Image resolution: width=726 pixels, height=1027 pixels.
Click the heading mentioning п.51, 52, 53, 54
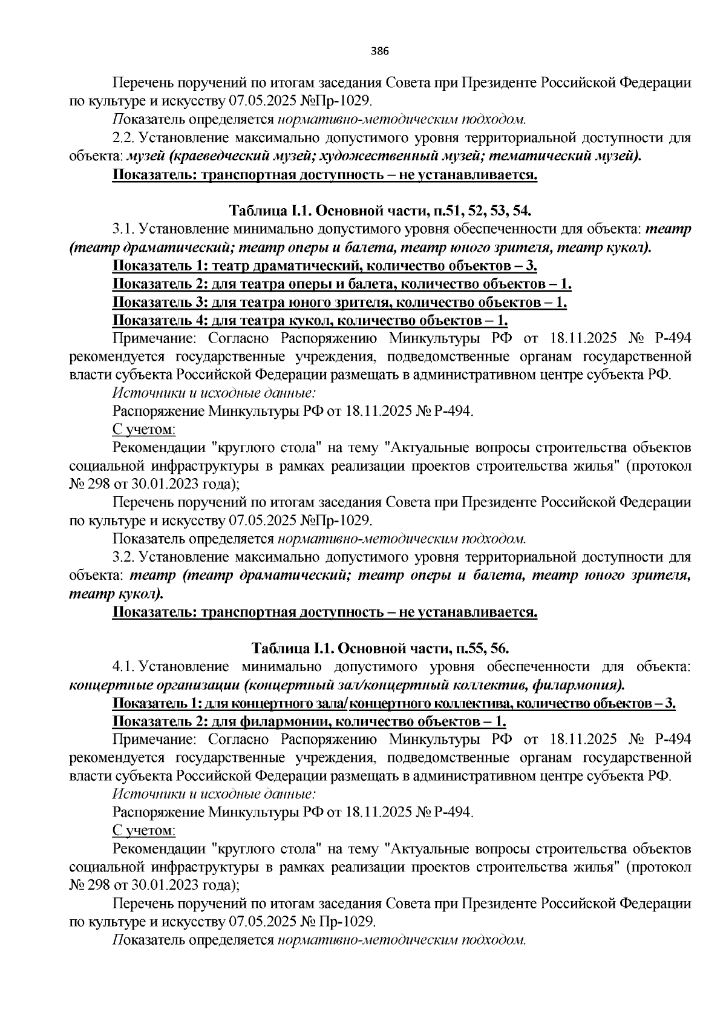(380, 211)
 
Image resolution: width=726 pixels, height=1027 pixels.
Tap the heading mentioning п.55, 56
(380, 648)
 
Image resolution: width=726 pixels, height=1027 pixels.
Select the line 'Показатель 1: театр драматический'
(325, 266)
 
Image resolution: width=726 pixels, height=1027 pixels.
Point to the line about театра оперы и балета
(342, 284)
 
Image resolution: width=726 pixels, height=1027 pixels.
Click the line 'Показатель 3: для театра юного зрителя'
(339, 302)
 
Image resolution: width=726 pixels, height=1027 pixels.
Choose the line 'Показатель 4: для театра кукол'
(310, 320)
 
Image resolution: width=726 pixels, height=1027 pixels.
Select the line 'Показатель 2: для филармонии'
(309, 721)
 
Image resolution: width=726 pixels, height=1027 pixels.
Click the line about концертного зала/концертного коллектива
(394, 703)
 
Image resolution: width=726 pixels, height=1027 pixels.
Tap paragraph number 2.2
(123, 138)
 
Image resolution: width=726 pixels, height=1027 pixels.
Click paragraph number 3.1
(123, 229)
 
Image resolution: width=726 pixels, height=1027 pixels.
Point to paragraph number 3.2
(123, 557)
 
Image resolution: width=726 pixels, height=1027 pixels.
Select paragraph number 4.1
(123, 666)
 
